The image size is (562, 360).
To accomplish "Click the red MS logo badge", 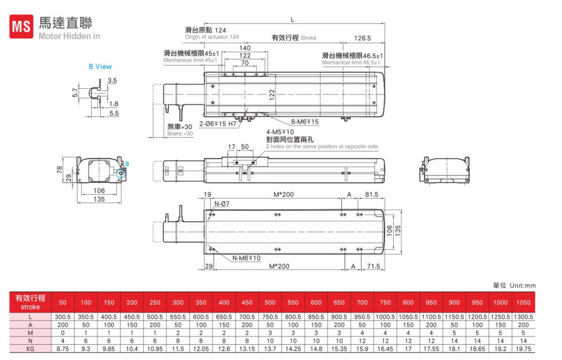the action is (x=21, y=26).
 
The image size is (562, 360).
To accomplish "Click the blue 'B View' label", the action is (x=101, y=66).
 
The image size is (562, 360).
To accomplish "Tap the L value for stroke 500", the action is (x=270, y=317).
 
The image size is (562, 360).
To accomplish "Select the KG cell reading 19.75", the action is (x=523, y=349).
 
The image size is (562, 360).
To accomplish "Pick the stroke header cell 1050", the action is (x=523, y=302).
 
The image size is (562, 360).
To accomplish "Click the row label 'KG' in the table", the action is (x=30, y=349).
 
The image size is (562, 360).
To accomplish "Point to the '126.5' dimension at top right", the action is (x=362, y=38).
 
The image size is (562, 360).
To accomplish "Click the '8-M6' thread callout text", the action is (x=305, y=122).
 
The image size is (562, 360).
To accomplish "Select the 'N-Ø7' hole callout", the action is (x=222, y=204).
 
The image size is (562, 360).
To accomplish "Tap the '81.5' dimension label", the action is (x=371, y=194).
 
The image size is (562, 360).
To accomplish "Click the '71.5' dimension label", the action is (x=373, y=266).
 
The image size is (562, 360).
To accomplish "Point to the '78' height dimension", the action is (x=60, y=170).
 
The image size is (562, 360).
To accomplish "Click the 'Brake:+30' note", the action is (x=180, y=134).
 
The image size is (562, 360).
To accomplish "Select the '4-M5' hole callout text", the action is (x=280, y=132).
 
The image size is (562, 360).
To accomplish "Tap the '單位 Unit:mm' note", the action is (x=514, y=285).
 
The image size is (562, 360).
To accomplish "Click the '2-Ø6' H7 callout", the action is (x=218, y=124).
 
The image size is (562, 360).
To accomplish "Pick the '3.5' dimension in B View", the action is (x=112, y=80).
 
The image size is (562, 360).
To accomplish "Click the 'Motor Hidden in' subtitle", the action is (x=69, y=36).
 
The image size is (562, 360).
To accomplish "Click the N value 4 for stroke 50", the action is (x=63, y=341).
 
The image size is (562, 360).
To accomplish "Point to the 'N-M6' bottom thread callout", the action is (x=246, y=258).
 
